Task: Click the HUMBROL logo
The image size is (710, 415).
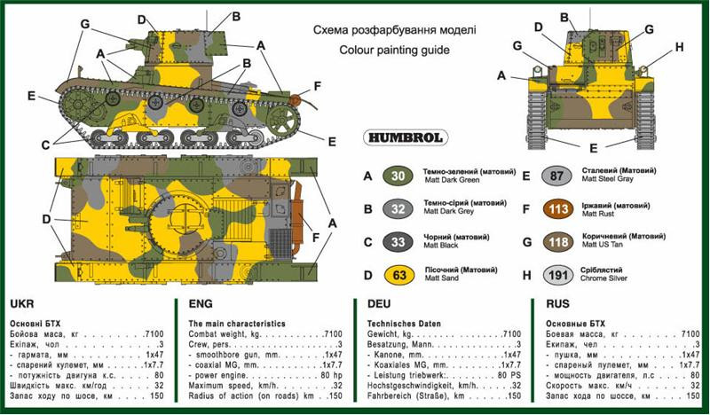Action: click(x=405, y=137)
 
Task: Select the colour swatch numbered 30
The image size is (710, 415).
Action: click(x=398, y=176)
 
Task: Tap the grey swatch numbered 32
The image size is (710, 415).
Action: click(x=398, y=208)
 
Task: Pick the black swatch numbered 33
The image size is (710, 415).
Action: click(x=398, y=242)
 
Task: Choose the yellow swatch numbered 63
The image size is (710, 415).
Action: click(x=398, y=275)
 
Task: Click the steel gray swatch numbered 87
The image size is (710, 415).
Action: click(x=556, y=176)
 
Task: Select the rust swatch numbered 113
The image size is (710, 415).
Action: click(x=556, y=209)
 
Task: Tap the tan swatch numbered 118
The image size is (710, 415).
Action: click(x=556, y=242)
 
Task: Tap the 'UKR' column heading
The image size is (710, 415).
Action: click(x=20, y=302)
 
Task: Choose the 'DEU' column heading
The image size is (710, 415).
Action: click(x=380, y=302)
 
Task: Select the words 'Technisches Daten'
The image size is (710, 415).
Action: click(x=405, y=324)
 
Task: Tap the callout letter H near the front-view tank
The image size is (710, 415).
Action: click(x=679, y=47)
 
